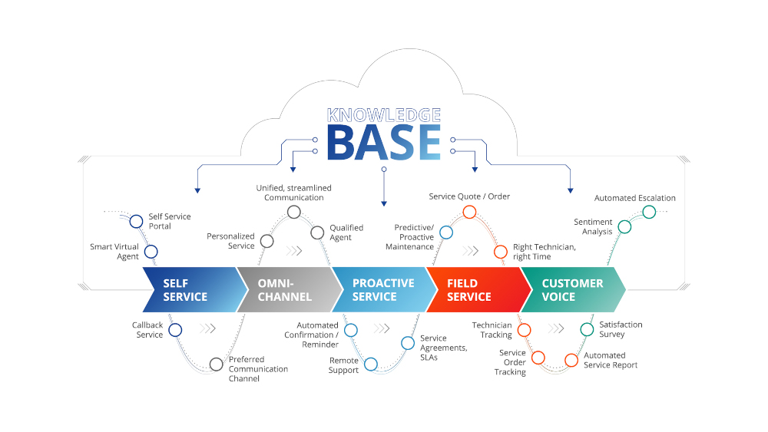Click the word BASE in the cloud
[x=384, y=143]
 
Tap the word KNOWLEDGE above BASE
[x=384, y=115]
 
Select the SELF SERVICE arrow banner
[x=188, y=290]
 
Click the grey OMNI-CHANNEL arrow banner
[x=284, y=290]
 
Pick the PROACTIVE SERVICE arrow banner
[x=380, y=290]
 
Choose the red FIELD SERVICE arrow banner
[x=472, y=290]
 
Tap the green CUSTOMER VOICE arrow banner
[x=572, y=290]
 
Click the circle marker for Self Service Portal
[x=136, y=222]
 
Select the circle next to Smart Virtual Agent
[x=151, y=251]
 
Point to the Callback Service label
[x=147, y=330]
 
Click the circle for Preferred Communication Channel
[x=216, y=364]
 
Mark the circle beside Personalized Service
[x=266, y=241]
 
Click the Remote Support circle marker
[x=371, y=364]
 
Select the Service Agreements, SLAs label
[x=444, y=348]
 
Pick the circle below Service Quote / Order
[x=469, y=212]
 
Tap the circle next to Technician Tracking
[x=525, y=330]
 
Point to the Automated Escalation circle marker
[x=648, y=212]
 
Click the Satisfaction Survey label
[x=621, y=329]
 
